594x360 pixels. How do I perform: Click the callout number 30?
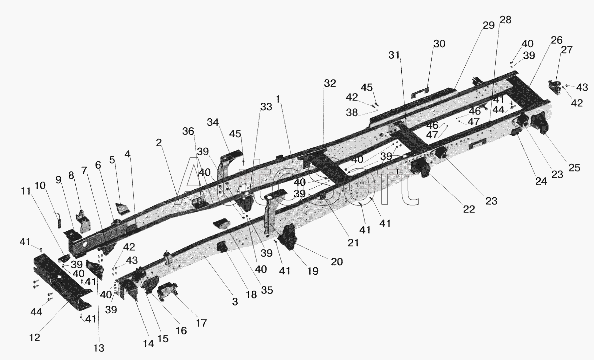tap(439, 44)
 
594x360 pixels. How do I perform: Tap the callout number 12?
tap(34, 337)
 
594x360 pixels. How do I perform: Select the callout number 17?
tap(201, 323)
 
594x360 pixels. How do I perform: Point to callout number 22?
tap(469, 209)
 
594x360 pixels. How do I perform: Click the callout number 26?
tap(557, 40)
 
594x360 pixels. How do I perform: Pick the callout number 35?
tap(267, 290)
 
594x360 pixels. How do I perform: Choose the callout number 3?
tap(235, 301)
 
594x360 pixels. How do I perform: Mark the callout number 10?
tap(40, 185)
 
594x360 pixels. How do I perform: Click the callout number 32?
tap(330, 83)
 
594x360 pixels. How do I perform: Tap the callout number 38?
tap(352, 112)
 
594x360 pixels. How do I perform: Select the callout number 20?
tap(337, 261)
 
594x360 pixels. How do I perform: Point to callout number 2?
tap(159, 142)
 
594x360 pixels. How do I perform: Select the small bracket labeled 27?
tap(555, 88)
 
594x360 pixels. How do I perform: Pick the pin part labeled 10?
tap(60, 219)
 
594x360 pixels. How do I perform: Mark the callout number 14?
tap(149, 343)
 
